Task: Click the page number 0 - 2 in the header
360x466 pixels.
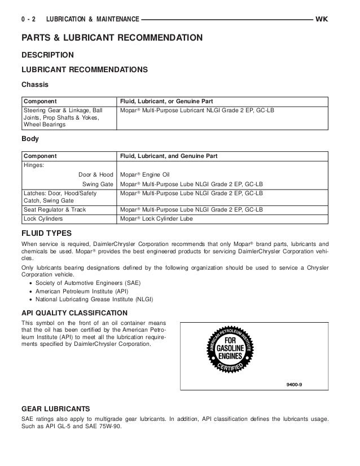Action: click(x=29, y=19)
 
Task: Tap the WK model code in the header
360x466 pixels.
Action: click(x=322, y=19)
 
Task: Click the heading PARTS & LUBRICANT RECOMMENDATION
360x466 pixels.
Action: click(x=112, y=38)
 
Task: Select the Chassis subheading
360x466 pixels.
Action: click(x=34, y=85)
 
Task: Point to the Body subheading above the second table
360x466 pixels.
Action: click(x=30, y=137)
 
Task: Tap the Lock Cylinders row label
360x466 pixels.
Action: click(x=43, y=217)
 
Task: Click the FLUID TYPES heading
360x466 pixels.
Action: click(x=46, y=232)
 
